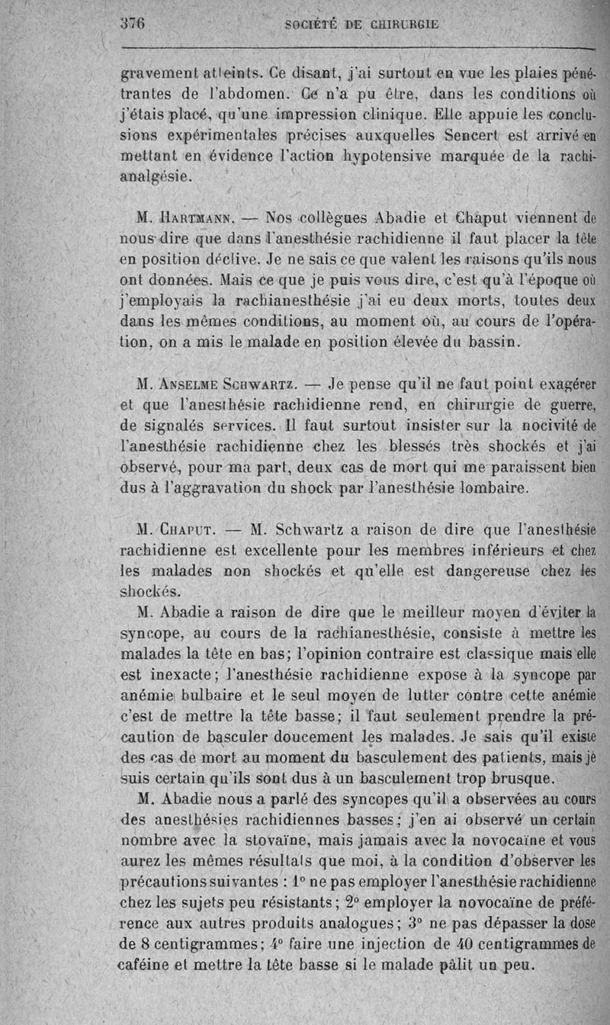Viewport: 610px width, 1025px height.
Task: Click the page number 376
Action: coord(133,22)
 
